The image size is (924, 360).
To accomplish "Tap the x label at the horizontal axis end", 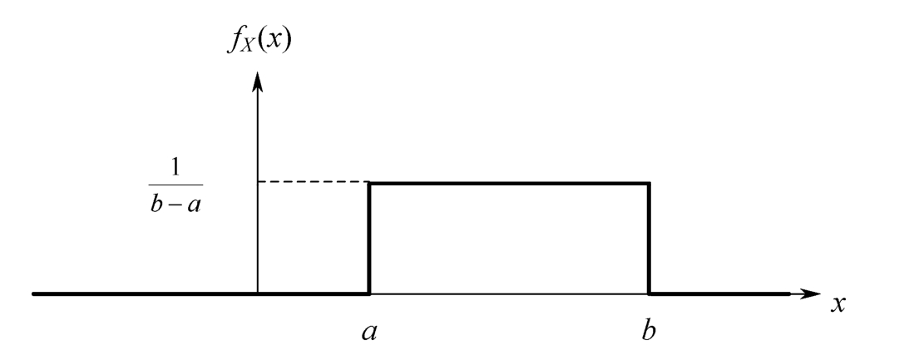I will [x=838, y=303].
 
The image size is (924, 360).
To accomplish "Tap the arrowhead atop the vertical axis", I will [x=258, y=80].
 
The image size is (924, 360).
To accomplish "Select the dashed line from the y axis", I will [x=314, y=181].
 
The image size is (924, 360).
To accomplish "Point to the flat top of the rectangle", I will [x=509, y=181].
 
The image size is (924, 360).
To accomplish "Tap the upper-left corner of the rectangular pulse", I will [x=369, y=181].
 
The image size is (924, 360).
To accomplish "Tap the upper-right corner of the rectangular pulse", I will [x=649, y=181].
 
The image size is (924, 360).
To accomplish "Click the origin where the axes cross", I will [x=258, y=293].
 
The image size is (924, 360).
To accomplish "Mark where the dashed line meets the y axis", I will [x=258, y=181].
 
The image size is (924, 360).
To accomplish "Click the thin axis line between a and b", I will [x=509, y=293].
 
